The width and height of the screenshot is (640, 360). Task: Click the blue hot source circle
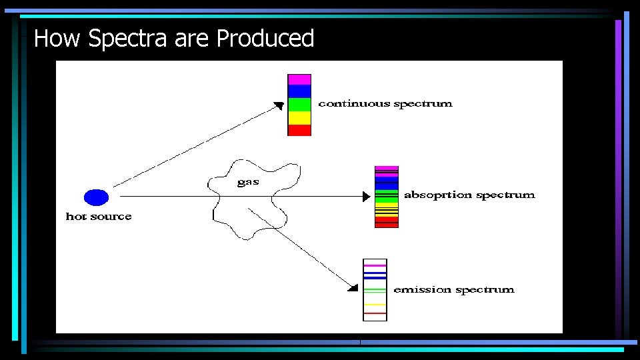[x=96, y=197]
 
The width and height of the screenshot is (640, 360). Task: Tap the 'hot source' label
[x=99, y=217]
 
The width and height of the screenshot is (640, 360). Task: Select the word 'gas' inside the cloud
[x=248, y=182]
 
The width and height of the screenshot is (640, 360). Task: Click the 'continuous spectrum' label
[x=385, y=104]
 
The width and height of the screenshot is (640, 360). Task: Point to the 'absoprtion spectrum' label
[x=469, y=195]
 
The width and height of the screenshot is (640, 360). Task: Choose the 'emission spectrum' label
[x=454, y=290]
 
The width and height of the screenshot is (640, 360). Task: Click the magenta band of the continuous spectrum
[x=299, y=79]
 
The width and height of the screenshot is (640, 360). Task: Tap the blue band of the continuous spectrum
[x=299, y=91]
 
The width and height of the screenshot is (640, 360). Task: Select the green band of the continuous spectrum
[x=299, y=105]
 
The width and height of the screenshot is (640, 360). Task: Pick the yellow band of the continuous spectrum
[x=299, y=118]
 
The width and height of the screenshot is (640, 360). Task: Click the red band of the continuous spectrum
[x=299, y=130]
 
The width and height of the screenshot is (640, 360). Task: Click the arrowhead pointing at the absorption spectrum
[x=365, y=197]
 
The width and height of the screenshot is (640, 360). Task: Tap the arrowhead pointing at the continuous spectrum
[x=280, y=105]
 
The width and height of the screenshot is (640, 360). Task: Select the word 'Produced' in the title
[x=265, y=39]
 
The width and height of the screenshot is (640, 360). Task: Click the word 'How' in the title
[x=58, y=39]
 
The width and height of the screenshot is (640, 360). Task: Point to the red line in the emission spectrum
[x=375, y=313]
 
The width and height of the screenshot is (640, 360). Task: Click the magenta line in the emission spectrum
[x=375, y=265]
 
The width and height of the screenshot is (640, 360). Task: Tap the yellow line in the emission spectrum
[x=375, y=304]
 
